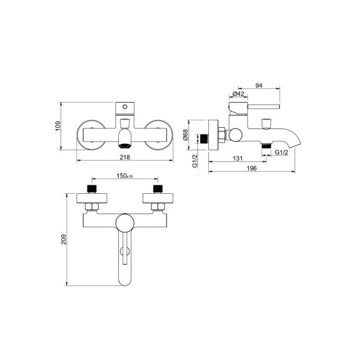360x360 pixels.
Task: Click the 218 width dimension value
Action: point(125,157)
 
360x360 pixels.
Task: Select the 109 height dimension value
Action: point(58,126)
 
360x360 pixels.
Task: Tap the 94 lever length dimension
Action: point(259,85)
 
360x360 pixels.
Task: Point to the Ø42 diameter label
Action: point(238,94)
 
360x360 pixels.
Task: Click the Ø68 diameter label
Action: point(185,135)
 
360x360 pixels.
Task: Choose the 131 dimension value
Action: point(238,158)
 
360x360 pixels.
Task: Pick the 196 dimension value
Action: point(251,168)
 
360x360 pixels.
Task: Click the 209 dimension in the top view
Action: point(64,239)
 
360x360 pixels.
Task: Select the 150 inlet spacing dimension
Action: point(125,176)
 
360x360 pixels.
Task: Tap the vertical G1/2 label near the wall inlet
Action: point(194,161)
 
